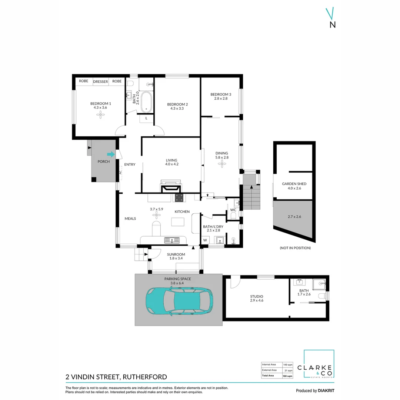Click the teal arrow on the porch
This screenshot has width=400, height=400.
pyautogui.click(x=111, y=154)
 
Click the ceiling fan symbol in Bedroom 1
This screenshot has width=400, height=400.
pyautogui.click(x=100, y=115)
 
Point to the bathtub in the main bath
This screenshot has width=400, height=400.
pyautogui.click(x=146, y=102)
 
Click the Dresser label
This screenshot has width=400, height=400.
pyautogui.click(x=100, y=81)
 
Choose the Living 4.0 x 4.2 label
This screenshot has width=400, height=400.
pyautogui.click(x=172, y=162)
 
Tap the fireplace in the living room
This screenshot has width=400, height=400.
pyautogui.click(x=171, y=186)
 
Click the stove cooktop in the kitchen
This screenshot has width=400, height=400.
pyautogui.click(x=179, y=198)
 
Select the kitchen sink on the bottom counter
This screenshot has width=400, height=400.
pyautogui.click(x=172, y=240)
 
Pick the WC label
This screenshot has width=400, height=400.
pyautogui.click(x=233, y=210)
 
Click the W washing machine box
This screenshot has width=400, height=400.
pyautogui.click(x=205, y=240)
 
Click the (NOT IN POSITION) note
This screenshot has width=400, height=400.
pyautogui.click(x=296, y=248)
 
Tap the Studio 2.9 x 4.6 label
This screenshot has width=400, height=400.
pyautogui.click(x=257, y=299)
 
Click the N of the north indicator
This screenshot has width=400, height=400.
pyautogui.click(x=333, y=25)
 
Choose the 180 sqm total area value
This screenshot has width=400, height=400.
pyautogui.click(x=287, y=376)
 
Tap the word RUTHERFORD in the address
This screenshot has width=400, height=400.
pyautogui.click(x=145, y=377)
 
